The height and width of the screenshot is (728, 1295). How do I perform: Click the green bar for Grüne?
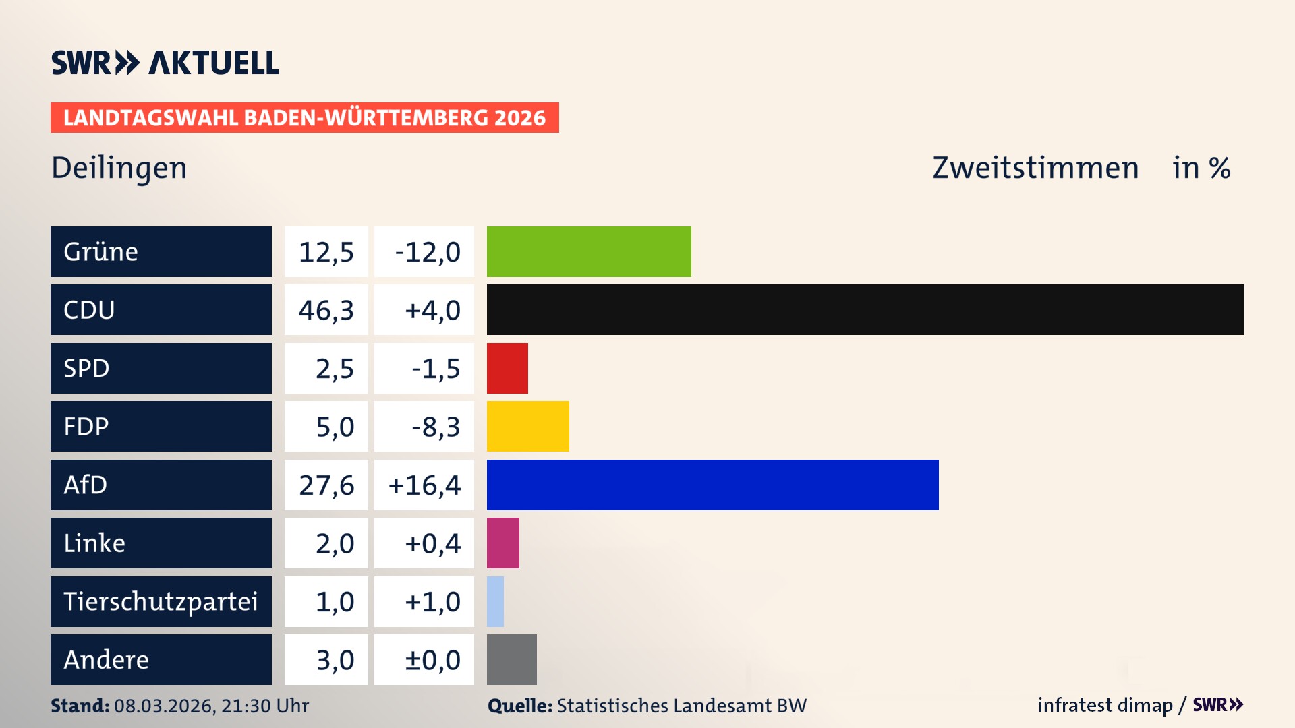click(x=589, y=251)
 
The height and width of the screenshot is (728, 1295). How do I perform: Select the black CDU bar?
click(x=865, y=310)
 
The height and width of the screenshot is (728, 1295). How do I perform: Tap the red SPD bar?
click(x=507, y=368)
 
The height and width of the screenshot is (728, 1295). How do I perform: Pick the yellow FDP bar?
click(x=527, y=426)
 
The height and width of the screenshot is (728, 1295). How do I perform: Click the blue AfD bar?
click(x=712, y=485)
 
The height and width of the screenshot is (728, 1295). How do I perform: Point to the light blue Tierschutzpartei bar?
click(x=495, y=601)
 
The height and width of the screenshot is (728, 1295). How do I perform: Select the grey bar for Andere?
click(x=511, y=659)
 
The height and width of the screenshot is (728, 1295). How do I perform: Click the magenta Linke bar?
click(x=502, y=543)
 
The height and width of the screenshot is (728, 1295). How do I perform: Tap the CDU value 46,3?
click(x=326, y=310)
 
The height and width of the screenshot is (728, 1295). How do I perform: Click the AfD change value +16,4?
click(x=424, y=485)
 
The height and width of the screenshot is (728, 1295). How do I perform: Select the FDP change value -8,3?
click(x=435, y=426)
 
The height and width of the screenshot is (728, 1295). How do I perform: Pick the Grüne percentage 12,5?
click(x=326, y=251)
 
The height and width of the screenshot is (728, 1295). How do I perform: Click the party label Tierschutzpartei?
click(x=161, y=601)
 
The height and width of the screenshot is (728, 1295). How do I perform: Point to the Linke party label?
click(x=94, y=543)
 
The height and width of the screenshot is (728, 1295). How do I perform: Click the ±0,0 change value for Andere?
click(x=432, y=659)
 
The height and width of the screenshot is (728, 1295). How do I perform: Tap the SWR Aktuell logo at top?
click(x=165, y=63)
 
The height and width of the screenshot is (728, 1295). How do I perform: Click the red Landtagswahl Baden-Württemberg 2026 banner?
click(x=304, y=117)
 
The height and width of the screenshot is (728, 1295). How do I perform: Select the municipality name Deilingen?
click(x=119, y=168)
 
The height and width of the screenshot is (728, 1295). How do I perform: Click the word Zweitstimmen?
click(x=1035, y=168)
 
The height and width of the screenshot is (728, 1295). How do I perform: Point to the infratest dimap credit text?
click(x=1105, y=705)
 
